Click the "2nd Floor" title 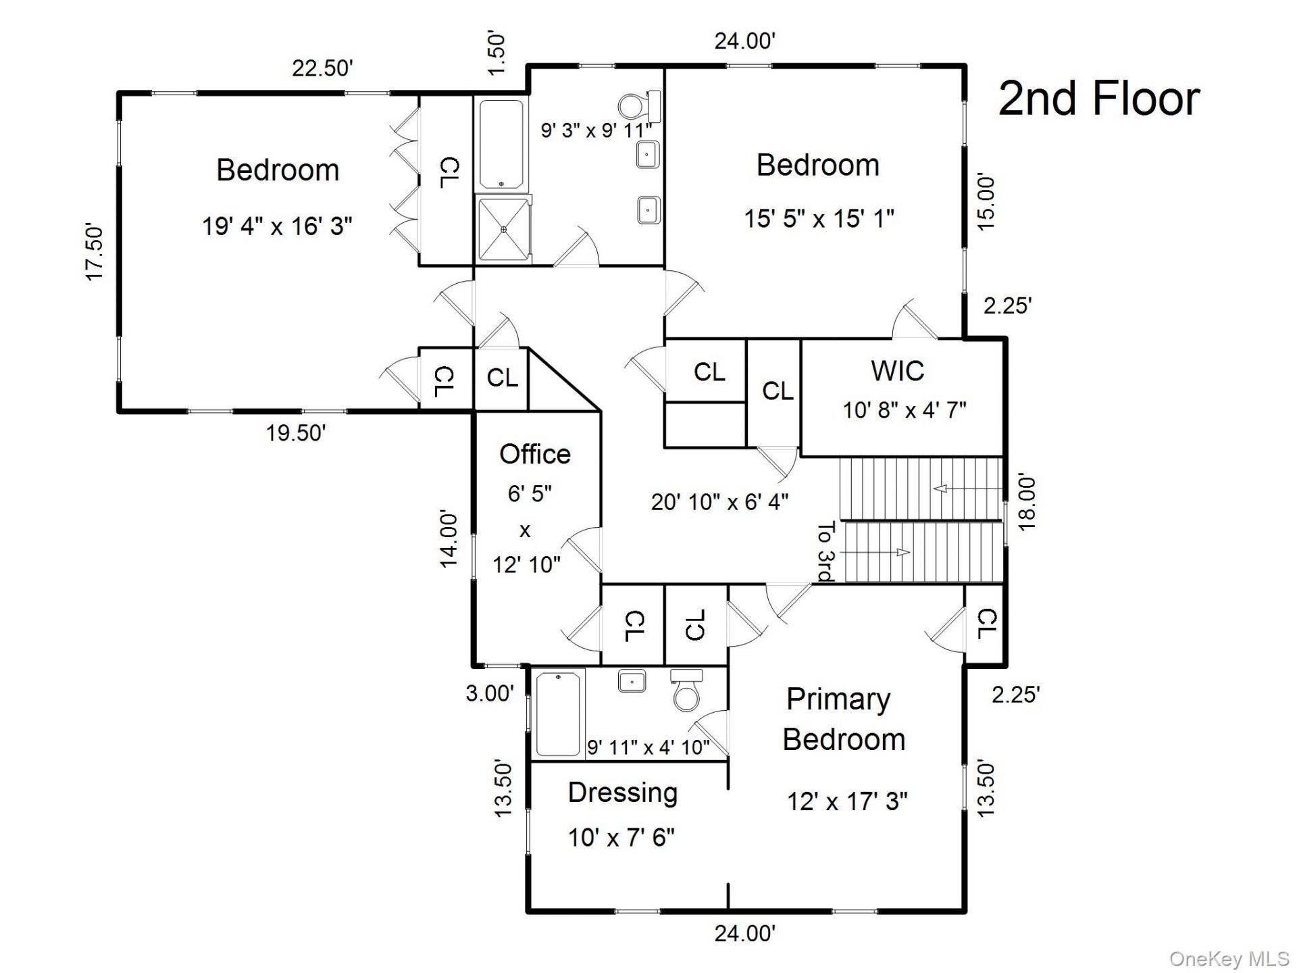(1099, 99)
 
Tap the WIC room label (898, 371)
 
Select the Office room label (535, 454)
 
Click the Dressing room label (623, 793)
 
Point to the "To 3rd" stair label (826, 551)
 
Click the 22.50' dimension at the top (322, 68)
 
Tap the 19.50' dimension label (296, 432)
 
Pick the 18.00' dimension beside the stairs (1025, 503)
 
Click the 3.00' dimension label (490, 693)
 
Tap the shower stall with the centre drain (504, 228)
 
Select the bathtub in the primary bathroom (558, 714)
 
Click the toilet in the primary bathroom (687, 689)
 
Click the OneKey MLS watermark (1229, 958)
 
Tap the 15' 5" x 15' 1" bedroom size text (819, 219)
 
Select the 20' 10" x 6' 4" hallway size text (719, 502)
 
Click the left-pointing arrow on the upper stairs (965, 489)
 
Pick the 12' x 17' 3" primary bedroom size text (847, 802)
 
